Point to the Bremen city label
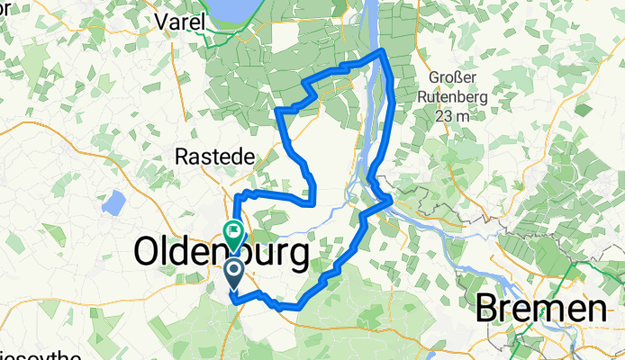coord(540,310)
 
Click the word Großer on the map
coord(451,76)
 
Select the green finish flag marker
coord(233,234)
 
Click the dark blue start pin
coord(233,273)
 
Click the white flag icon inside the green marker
coord(233,231)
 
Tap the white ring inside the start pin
coord(233,268)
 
